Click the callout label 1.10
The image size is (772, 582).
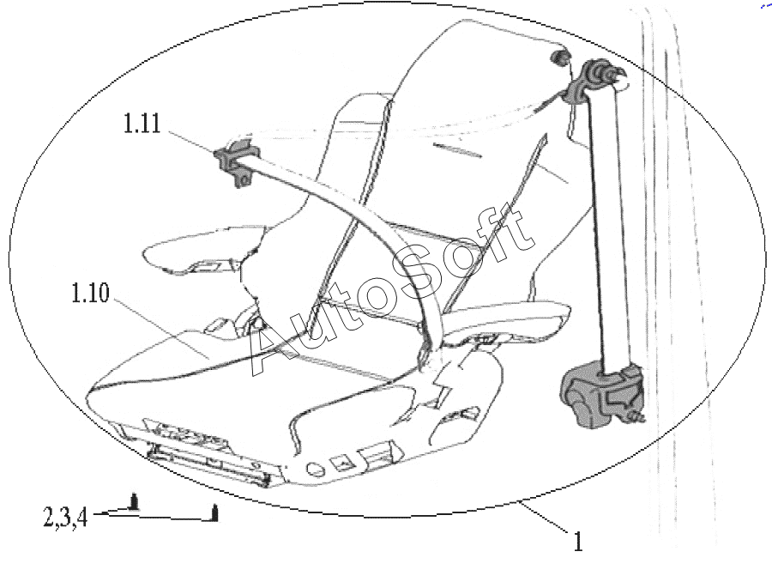click(x=91, y=294)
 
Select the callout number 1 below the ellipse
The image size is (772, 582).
click(x=579, y=542)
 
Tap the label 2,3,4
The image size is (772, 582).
click(x=65, y=518)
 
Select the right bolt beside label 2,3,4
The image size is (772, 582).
click(x=214, y=513)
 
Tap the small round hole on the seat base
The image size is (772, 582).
click(x=313, y=470)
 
